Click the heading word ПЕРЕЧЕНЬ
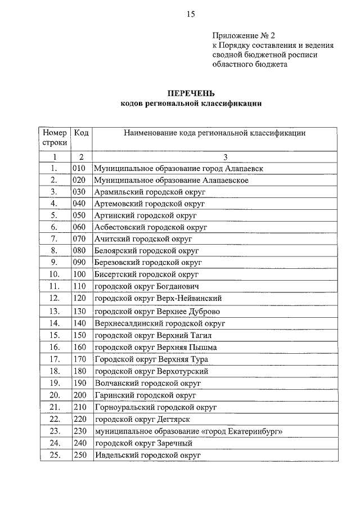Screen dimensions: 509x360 190,93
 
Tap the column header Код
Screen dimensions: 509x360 81,133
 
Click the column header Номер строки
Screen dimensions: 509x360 54,138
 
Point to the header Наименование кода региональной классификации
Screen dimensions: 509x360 214,133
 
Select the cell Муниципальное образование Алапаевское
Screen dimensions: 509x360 171,180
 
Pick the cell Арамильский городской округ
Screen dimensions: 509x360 150,192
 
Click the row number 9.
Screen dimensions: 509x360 54,262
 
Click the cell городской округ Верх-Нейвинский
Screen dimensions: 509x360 157,298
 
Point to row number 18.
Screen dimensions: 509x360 54,371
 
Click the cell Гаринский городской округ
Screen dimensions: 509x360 145,395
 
